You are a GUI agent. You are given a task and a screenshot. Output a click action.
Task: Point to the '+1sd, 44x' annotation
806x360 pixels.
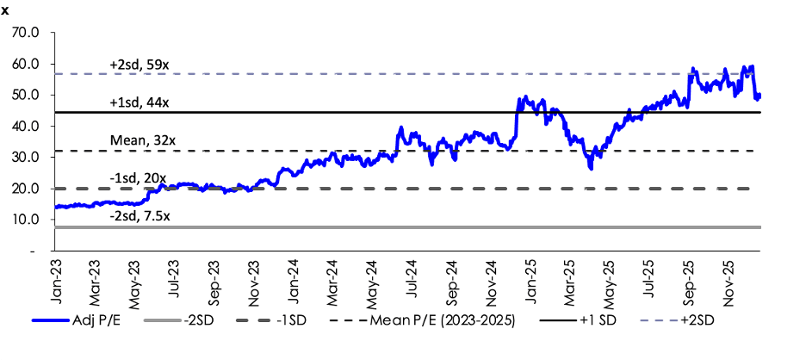click(x=139, y=102)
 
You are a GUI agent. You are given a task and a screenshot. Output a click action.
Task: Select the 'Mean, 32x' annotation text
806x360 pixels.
click(x=139, y=140)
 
